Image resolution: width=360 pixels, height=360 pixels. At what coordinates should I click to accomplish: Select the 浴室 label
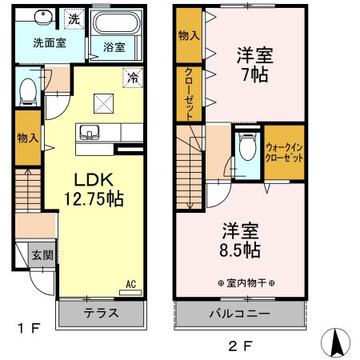[114, 47]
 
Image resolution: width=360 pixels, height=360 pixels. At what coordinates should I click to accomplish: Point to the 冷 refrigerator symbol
[132, 78]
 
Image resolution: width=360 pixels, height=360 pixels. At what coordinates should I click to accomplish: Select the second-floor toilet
[246, 149]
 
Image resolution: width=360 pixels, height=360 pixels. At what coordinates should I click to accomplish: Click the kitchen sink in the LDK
[88, 132]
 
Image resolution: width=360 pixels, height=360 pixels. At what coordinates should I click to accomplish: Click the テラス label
[101, 313]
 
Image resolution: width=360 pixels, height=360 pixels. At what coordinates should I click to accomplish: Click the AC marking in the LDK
[130, 284]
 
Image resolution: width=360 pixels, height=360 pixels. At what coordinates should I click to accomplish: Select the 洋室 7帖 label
[254, 66]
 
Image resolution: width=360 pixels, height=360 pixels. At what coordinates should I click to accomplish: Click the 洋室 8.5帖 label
[241, 239]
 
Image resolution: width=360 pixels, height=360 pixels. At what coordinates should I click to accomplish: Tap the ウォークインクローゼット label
[283, 151]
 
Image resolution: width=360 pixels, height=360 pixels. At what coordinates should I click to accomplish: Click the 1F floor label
[29, 327]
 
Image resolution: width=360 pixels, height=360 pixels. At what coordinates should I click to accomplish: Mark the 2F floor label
[240, 346]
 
